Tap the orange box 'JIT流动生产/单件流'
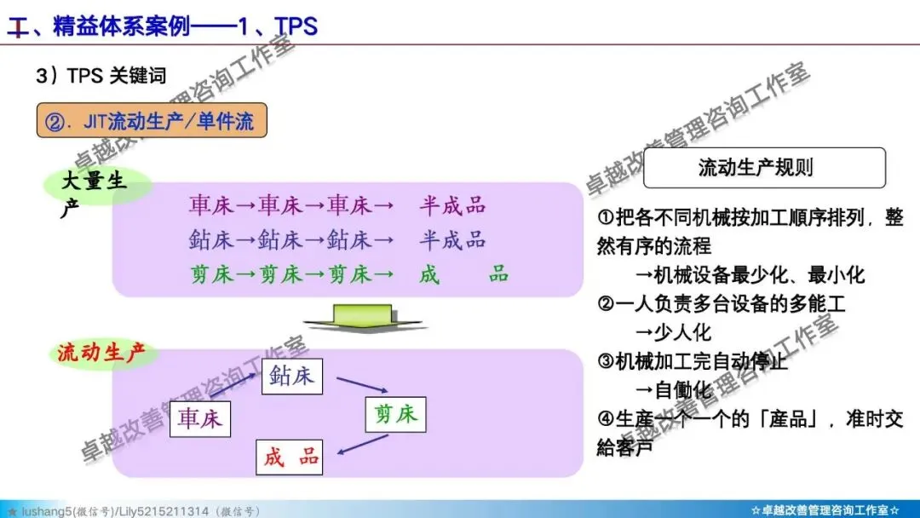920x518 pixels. pos(151,121)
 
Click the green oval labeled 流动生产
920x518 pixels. pos(102,354)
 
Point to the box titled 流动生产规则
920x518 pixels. pos(764,167)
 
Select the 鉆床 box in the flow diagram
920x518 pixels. pos(291,376)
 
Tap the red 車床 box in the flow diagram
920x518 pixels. pos(201,418)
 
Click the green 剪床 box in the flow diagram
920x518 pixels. pos(395,414)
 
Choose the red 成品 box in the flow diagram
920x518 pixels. pos(290,458)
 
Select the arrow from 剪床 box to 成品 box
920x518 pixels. pos(356,443)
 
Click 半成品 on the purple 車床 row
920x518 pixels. pos(452,205)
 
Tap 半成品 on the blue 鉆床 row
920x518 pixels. pos(452,240)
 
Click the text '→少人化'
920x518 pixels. pos(673,332)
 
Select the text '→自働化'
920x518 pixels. pos(673,390)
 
